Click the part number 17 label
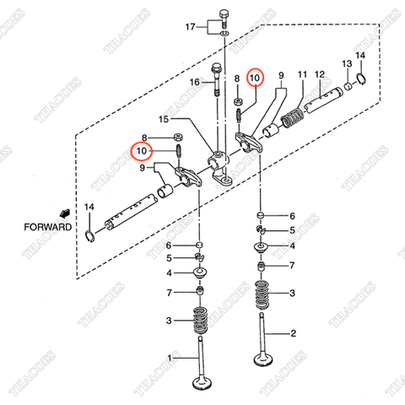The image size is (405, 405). [190, 28]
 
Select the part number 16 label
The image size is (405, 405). [194, 82]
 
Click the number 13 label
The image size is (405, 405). [346, 64]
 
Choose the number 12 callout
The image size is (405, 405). [320, 76]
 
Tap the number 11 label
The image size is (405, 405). [301, 76]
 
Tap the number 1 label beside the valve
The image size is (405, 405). [171, 359]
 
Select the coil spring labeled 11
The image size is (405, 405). [289, 115]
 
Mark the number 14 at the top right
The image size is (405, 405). [360, 56]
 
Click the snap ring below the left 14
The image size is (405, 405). [91, 234]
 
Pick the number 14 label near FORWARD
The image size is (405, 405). [90, 207]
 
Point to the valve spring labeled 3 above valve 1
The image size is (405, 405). [201, 321]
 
